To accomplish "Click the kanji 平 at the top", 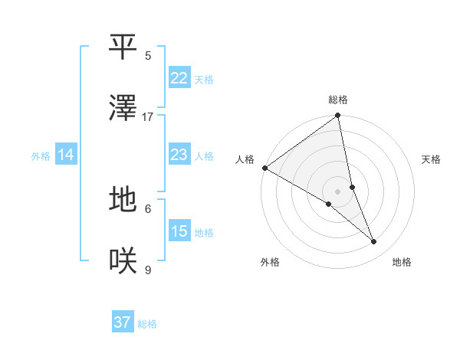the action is (123, 47).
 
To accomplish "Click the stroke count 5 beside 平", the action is (148, 55).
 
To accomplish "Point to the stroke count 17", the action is (148, 116).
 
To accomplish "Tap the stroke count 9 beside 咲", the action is (148, 270).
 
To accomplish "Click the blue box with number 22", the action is (179, 78).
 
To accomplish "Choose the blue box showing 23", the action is (179, 155).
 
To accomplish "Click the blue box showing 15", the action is (179, 231).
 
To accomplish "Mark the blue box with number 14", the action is (66, 155).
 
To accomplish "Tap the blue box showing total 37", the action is (123, 322).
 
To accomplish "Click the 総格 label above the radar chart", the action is (338, 100).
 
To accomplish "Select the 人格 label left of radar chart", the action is (245, 159).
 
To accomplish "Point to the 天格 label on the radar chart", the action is (432, 159).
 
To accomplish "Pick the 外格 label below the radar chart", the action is (270, 262).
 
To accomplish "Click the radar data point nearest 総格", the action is (338, 116).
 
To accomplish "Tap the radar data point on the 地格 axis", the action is (374, 242).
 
